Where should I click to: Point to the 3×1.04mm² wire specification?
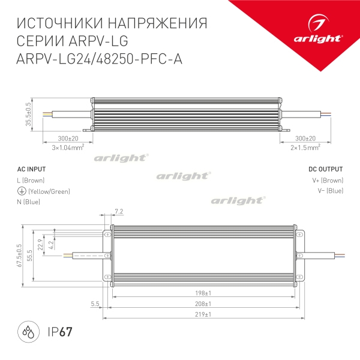67,146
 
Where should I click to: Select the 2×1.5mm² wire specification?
305,146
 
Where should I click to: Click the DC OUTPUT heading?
326,169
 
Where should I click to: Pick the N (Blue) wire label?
29,202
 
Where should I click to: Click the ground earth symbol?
21,191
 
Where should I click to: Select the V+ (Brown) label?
327,180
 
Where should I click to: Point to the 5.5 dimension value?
95,304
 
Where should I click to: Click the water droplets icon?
28,331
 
